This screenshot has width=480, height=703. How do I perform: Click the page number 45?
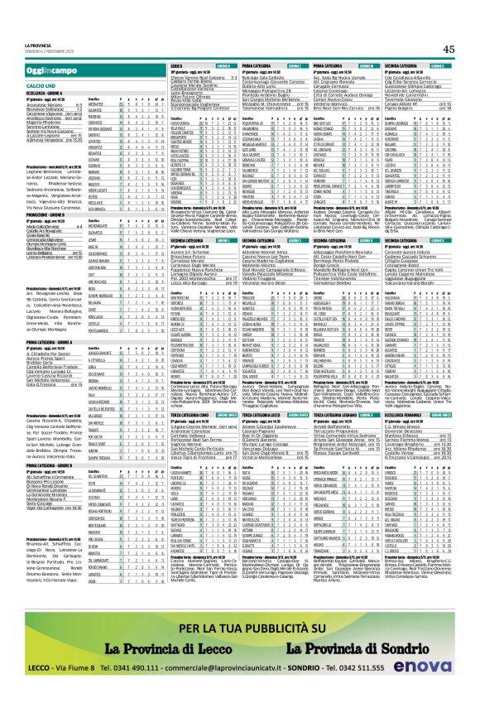tap(449, 49)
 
